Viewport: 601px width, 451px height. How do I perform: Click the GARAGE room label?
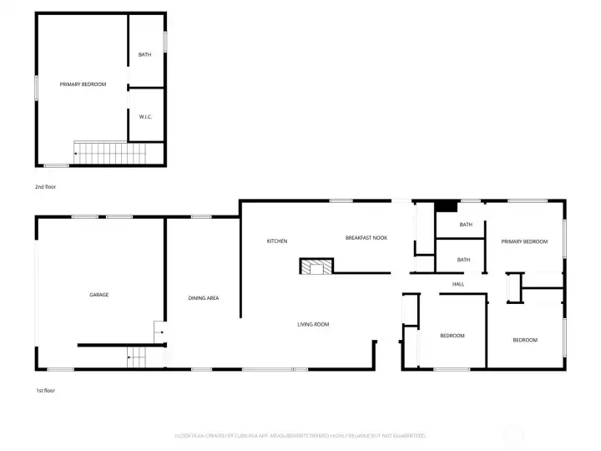coord(99,295)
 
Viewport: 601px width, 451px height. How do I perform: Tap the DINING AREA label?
coord(203,298)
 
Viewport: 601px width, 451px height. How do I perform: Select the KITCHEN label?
coord(277,241)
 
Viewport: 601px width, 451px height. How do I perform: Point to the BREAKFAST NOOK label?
coord(366,238)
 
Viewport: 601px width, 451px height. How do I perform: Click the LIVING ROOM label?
coord(314,324)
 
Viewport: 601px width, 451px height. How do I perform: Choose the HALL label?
coord(458,284)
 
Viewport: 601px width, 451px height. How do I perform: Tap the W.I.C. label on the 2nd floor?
coord(145,117)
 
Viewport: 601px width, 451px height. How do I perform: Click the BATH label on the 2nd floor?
coord(144,55)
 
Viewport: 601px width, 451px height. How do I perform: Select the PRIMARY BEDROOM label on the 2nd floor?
coord(83,84)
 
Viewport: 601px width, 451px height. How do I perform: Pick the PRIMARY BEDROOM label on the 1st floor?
coord(524,241)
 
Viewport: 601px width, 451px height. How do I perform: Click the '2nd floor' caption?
coord(47,187)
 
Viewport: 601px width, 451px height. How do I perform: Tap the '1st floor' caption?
coord(46,390)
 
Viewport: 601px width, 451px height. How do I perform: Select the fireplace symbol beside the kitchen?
coord(316,266)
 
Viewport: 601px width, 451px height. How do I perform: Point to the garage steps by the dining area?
coord(135,357)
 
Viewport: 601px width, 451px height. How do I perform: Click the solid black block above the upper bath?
coord(447,206)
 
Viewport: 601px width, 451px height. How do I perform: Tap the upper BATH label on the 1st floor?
coord(466,224)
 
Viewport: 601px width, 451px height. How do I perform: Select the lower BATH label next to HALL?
coord(463,260)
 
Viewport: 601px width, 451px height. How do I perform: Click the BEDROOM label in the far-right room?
coord(525,340)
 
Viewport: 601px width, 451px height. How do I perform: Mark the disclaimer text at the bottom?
coord(300,435)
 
